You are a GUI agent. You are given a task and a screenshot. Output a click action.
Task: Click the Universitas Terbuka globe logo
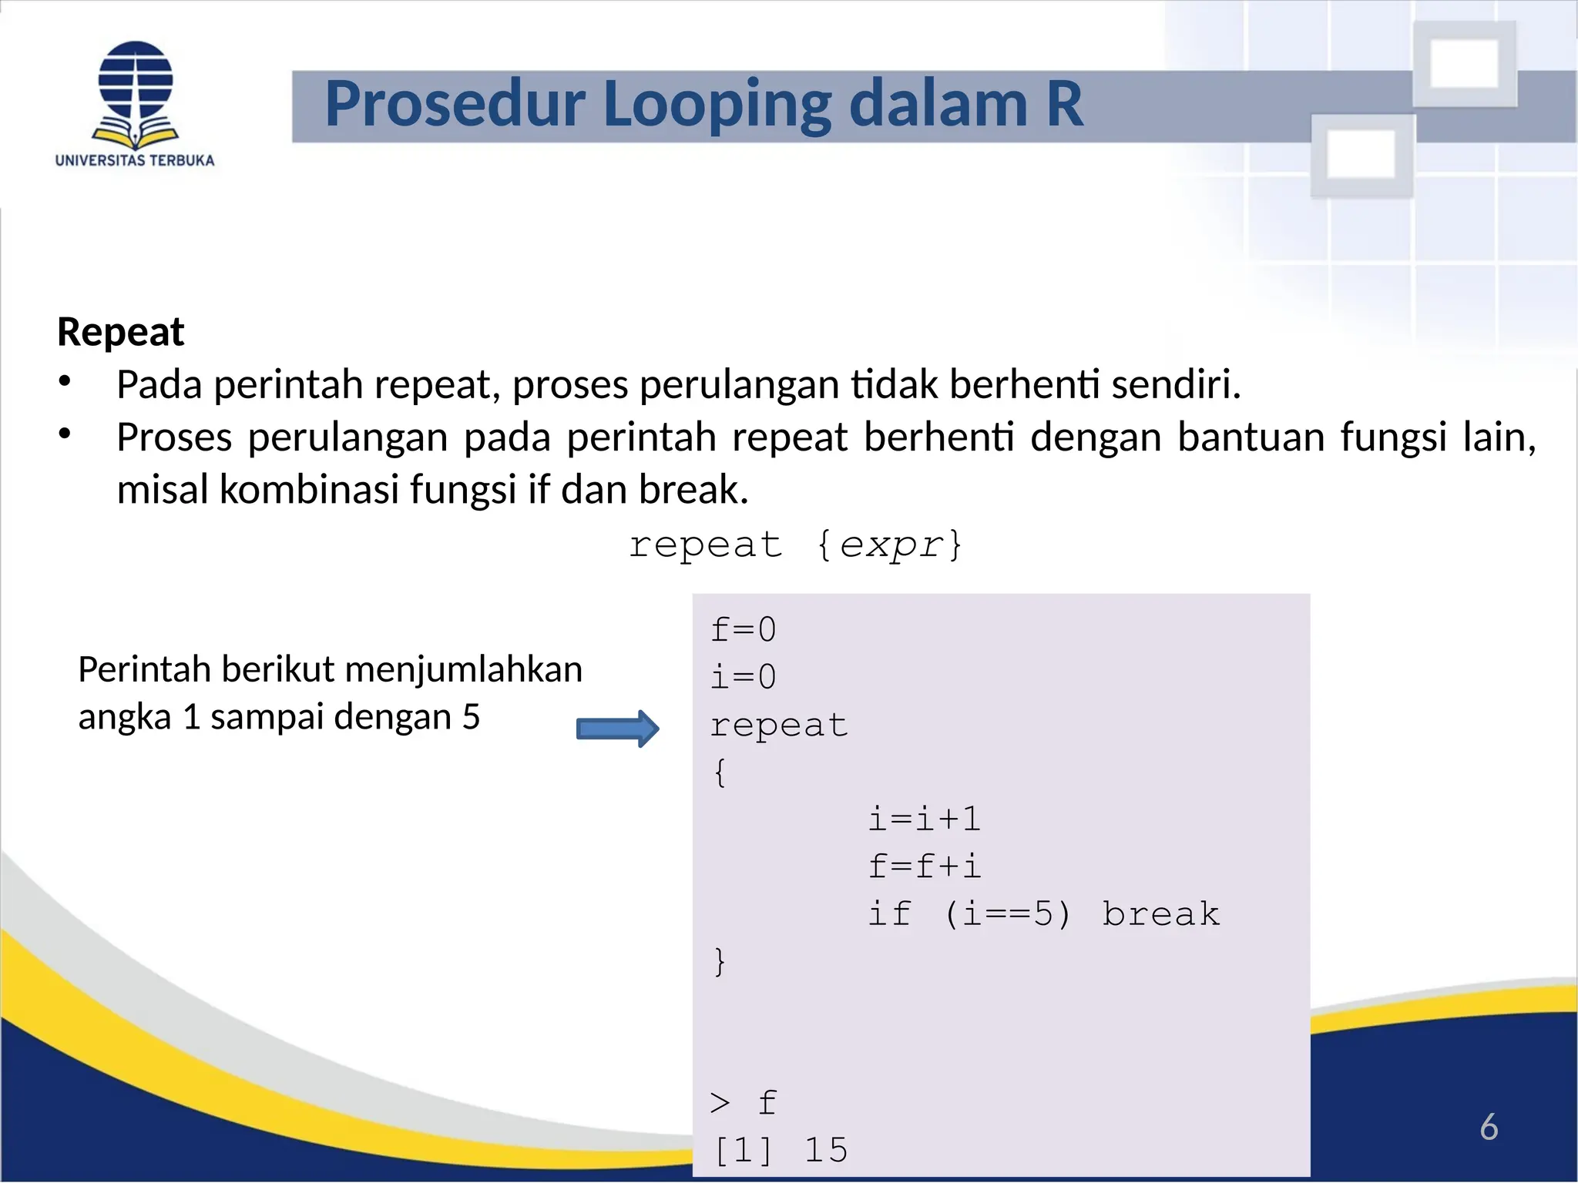click(136, 92)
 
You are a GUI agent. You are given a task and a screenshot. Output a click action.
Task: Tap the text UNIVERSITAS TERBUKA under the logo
click(135, 160)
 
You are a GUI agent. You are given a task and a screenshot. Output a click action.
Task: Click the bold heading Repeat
click(121, 332)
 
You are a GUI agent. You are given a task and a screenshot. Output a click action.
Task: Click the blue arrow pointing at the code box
click(617, 729)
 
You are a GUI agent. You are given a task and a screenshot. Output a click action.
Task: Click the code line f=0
click(743, 629)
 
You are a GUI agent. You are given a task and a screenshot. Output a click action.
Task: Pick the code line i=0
click(743, 677)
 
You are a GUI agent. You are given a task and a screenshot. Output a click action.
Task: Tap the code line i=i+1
click(924, 819)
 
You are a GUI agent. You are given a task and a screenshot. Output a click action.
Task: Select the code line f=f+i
click(924, 866)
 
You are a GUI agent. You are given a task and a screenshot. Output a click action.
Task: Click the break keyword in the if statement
click(1160, 914)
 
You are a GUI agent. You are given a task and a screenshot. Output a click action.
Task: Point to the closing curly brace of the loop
click(720, 961)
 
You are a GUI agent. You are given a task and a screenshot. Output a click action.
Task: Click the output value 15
click(825, 1150)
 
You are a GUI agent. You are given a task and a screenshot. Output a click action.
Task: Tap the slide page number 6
click(1489, 1127)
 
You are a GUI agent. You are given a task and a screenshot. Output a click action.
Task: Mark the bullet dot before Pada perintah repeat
click(65, 381)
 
